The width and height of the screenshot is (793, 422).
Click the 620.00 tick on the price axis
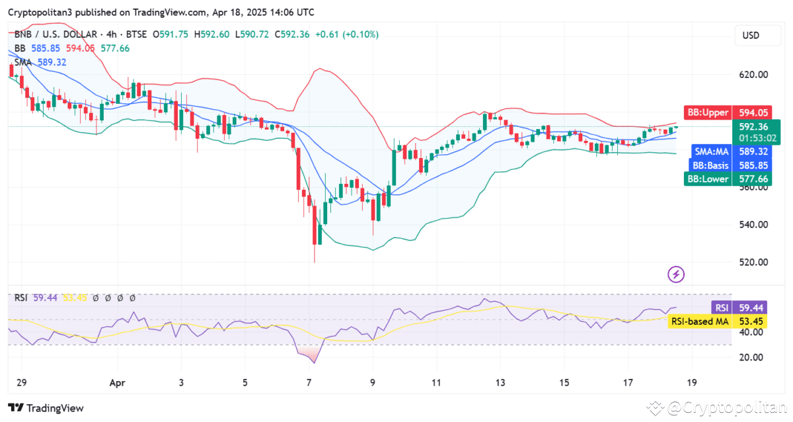point(753,75)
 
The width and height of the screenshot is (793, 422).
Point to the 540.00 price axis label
point(753,224)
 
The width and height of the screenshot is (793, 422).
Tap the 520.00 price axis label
point(753,262)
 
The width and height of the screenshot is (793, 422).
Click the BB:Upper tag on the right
point(708,113)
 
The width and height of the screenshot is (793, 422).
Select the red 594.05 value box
point(753,113)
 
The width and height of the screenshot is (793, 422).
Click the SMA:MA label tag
point(712,151)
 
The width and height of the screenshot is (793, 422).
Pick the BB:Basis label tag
point(711,165)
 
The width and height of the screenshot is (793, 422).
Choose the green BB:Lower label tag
point(708,179)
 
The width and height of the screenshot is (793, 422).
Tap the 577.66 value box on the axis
point(753,179)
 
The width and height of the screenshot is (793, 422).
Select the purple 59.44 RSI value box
point(753,308)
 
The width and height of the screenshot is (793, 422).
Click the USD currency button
point(751,35)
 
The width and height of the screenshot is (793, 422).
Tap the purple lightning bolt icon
point(676,273)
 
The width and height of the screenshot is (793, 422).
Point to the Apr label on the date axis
point(117,382)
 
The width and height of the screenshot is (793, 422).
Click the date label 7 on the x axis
point(309,382)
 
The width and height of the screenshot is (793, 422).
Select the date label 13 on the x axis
point(501,382)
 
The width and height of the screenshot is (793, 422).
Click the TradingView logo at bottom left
point(46,408)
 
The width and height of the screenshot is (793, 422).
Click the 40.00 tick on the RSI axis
point(753,332)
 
